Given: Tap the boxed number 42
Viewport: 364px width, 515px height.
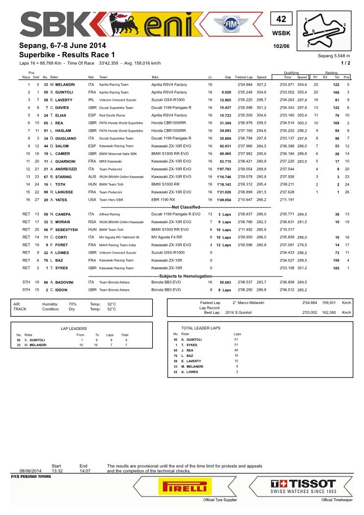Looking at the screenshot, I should tap(281, 19).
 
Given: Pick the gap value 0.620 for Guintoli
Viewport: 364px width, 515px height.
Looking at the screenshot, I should tap(226, 92).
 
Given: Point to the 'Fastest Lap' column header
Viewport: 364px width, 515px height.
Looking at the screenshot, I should tap(243, 77).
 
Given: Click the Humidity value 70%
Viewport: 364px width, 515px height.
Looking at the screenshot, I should tap(72, 304).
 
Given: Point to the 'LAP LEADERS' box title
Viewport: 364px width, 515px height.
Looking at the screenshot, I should tap(74, 328).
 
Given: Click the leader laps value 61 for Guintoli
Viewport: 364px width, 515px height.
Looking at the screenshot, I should tap(236, 339).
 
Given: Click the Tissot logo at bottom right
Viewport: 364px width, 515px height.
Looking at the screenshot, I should tap(304, 487).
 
